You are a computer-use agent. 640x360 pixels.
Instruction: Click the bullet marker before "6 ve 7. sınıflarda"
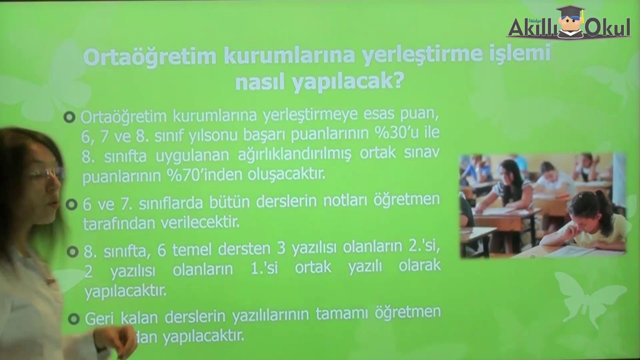point(71,204)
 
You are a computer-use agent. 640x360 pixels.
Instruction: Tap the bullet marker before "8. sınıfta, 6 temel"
point(72,251)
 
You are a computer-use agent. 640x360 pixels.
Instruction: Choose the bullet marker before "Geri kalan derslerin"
point(73,318)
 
